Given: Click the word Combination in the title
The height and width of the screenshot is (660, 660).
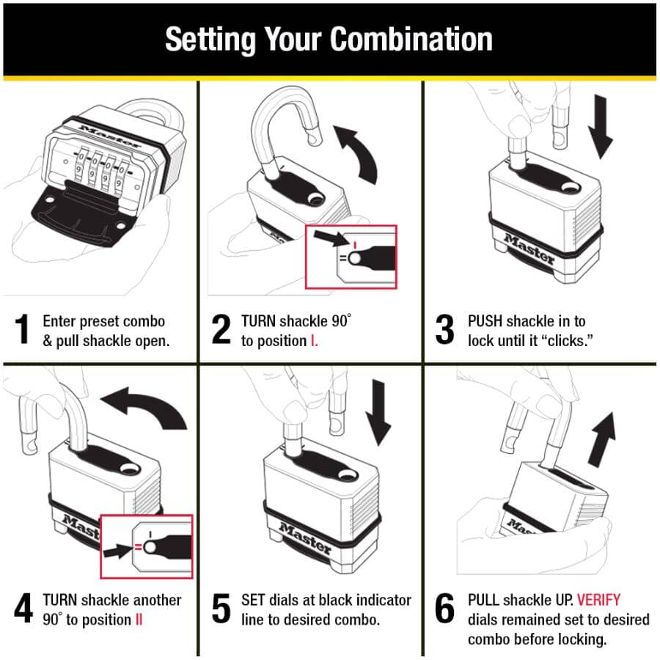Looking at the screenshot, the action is tap(411, 40).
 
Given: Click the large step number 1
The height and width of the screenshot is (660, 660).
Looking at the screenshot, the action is tap(22, 329).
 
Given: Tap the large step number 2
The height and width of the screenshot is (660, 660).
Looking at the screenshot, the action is tap(221, 329).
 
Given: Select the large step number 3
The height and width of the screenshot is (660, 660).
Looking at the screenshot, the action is tap(444, 329).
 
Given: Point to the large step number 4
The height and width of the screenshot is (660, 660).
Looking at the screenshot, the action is tap(23, 608).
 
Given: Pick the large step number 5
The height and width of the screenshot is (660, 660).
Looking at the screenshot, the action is tap(221, 608).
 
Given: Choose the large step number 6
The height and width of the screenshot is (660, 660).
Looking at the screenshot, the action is tap(444, 608).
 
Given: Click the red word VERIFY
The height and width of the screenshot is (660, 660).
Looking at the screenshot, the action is tap(598, 599).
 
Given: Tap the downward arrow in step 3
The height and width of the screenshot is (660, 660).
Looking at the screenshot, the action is tap(601, 126).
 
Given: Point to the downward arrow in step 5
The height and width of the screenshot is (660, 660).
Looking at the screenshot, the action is tap(378, 412).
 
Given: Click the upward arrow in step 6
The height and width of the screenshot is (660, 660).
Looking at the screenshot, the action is tap(603, 440).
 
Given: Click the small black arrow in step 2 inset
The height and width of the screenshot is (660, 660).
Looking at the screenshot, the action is tap(331, 238).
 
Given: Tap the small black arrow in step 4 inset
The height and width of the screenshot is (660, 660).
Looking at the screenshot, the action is tap(118, 550).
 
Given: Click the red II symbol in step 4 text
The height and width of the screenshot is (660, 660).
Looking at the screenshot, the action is tap(139, 620).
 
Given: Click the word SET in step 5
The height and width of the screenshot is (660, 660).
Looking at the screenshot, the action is tap(254, 600).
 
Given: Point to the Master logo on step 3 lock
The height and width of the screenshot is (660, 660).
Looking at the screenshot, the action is tap(529, 249).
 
